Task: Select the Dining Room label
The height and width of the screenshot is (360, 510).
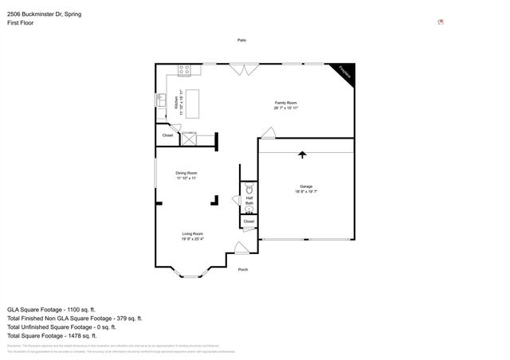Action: click(x=186, y=175)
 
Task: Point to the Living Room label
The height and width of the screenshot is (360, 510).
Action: click(x=192, y=236)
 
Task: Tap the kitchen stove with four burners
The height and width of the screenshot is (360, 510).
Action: click(x=184, y=70)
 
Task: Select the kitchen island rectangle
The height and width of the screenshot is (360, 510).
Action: click(x=192, y=104)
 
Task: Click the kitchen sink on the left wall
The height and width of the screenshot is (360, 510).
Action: click(x=159, y=100)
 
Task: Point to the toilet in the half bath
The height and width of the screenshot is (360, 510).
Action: click(x=249, y=190)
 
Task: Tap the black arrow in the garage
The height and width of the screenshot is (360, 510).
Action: click(x=302, y=154)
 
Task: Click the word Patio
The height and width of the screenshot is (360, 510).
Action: click(x=241, y=40)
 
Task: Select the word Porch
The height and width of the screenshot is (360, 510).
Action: click(x=243, y=269)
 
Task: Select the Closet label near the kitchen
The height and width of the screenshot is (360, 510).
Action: click(x=167, y=135)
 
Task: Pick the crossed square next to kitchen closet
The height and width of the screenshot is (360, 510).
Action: click(x=190, y=139)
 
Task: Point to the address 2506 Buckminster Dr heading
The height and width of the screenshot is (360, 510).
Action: click(x=44, y=14)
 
